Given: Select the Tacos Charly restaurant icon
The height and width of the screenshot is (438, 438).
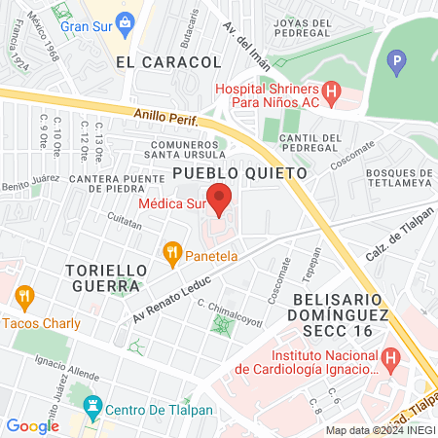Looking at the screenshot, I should pos(24,295).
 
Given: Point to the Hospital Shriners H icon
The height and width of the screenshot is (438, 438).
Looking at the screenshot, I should pos(332,94).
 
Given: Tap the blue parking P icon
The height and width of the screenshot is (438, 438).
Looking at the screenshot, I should pos(395,65).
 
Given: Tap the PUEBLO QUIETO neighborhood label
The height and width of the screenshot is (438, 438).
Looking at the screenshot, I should pos(239,171).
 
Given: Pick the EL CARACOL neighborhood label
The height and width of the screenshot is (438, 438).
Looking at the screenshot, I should pos(168,61).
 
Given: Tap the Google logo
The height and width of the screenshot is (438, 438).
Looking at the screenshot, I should pos(32,425).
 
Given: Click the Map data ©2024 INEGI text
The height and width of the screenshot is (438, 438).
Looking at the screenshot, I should pos(380,430).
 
